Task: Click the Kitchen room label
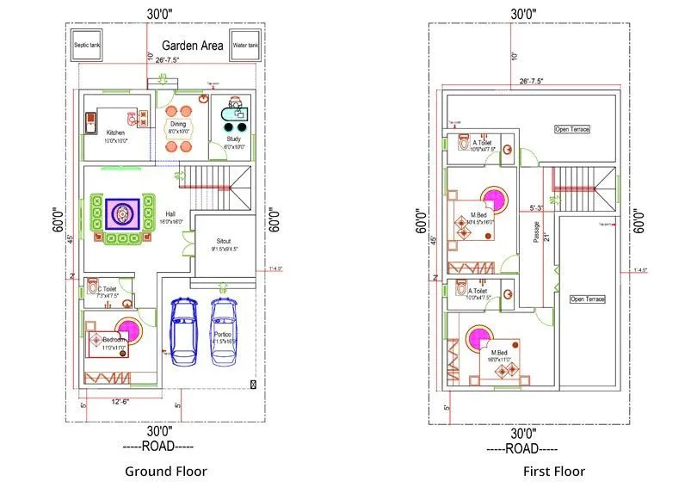(115, 133)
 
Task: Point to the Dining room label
(177, 125)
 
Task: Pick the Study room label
(233, 139)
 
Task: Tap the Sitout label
(224, 243)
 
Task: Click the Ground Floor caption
(166, 471)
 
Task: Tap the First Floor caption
(554, 471)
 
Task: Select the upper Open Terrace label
(572, 129)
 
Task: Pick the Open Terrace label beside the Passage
(588, 299)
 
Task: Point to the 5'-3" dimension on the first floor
(536, 207)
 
